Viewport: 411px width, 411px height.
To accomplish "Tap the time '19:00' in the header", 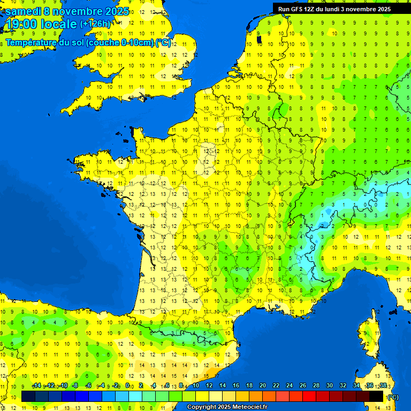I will tap(21, 24).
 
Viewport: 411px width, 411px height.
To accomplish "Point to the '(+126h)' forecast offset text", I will tap(95, 24).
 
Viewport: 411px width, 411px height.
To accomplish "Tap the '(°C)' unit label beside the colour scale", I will tap(392, 397).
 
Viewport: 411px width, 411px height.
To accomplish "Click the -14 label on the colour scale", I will tap(36, 385).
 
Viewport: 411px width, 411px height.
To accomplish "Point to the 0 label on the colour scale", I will tap(127, 385).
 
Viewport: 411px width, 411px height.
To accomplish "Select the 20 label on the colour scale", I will tap(262, 385).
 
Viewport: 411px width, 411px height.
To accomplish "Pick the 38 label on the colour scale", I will tap(383, 385).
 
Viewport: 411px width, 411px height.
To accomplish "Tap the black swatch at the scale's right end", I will tap(377, 396).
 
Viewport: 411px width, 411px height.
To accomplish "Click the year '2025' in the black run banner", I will tap(380, 9).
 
